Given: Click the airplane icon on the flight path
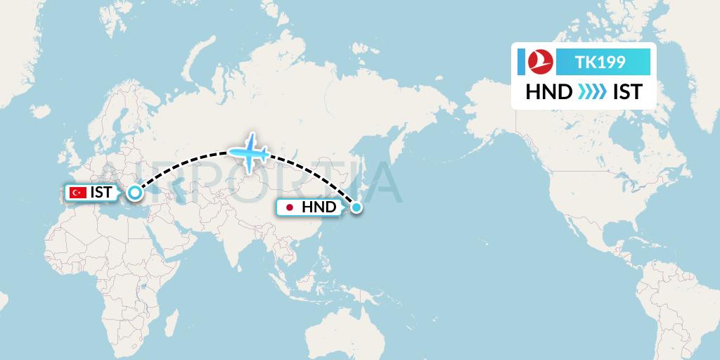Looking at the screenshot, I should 248,151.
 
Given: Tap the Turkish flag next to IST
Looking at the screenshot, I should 78,192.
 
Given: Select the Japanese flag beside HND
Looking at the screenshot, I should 289,207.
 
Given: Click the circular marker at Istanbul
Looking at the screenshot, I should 134,192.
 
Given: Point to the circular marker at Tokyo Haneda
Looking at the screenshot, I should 356,207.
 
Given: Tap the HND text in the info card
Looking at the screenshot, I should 549,92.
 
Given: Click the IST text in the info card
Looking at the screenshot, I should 627,92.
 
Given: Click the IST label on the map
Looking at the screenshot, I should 101,192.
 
